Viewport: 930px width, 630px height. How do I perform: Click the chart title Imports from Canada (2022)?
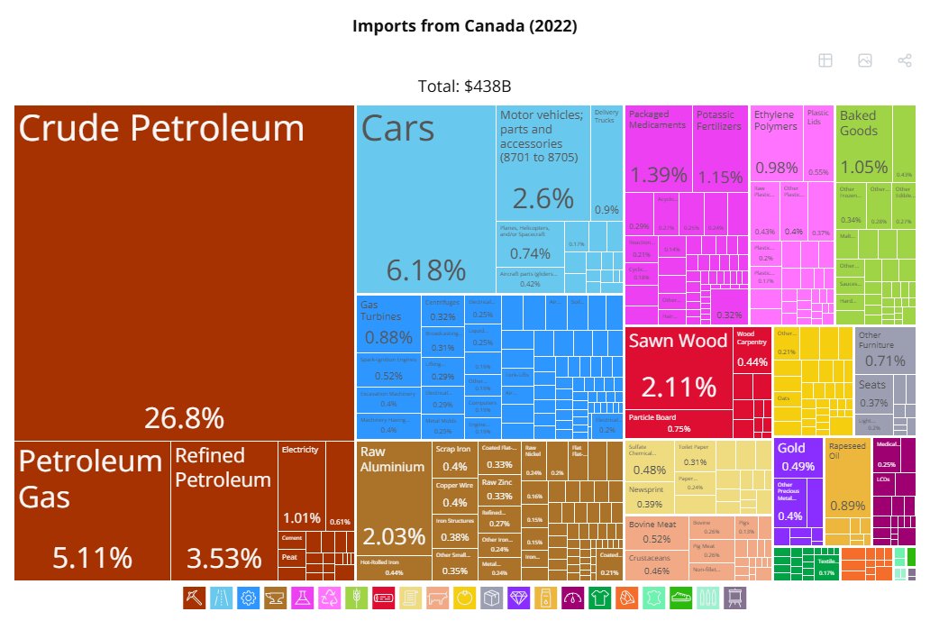(x=465, y=26)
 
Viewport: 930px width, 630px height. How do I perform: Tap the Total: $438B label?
(x=465, y=87)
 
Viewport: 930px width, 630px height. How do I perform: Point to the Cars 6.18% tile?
(x=425, y=198)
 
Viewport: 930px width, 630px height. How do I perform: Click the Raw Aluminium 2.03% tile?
(x=393, y=510)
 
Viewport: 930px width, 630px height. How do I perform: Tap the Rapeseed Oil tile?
(x=846, y=492)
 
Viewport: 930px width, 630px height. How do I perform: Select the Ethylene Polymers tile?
(x=776, y=144)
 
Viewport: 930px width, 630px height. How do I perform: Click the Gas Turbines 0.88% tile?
(x=387, y=324)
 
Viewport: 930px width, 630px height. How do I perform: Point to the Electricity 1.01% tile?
(x=302, y=487)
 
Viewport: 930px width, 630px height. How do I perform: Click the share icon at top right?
(x=905, y=60)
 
